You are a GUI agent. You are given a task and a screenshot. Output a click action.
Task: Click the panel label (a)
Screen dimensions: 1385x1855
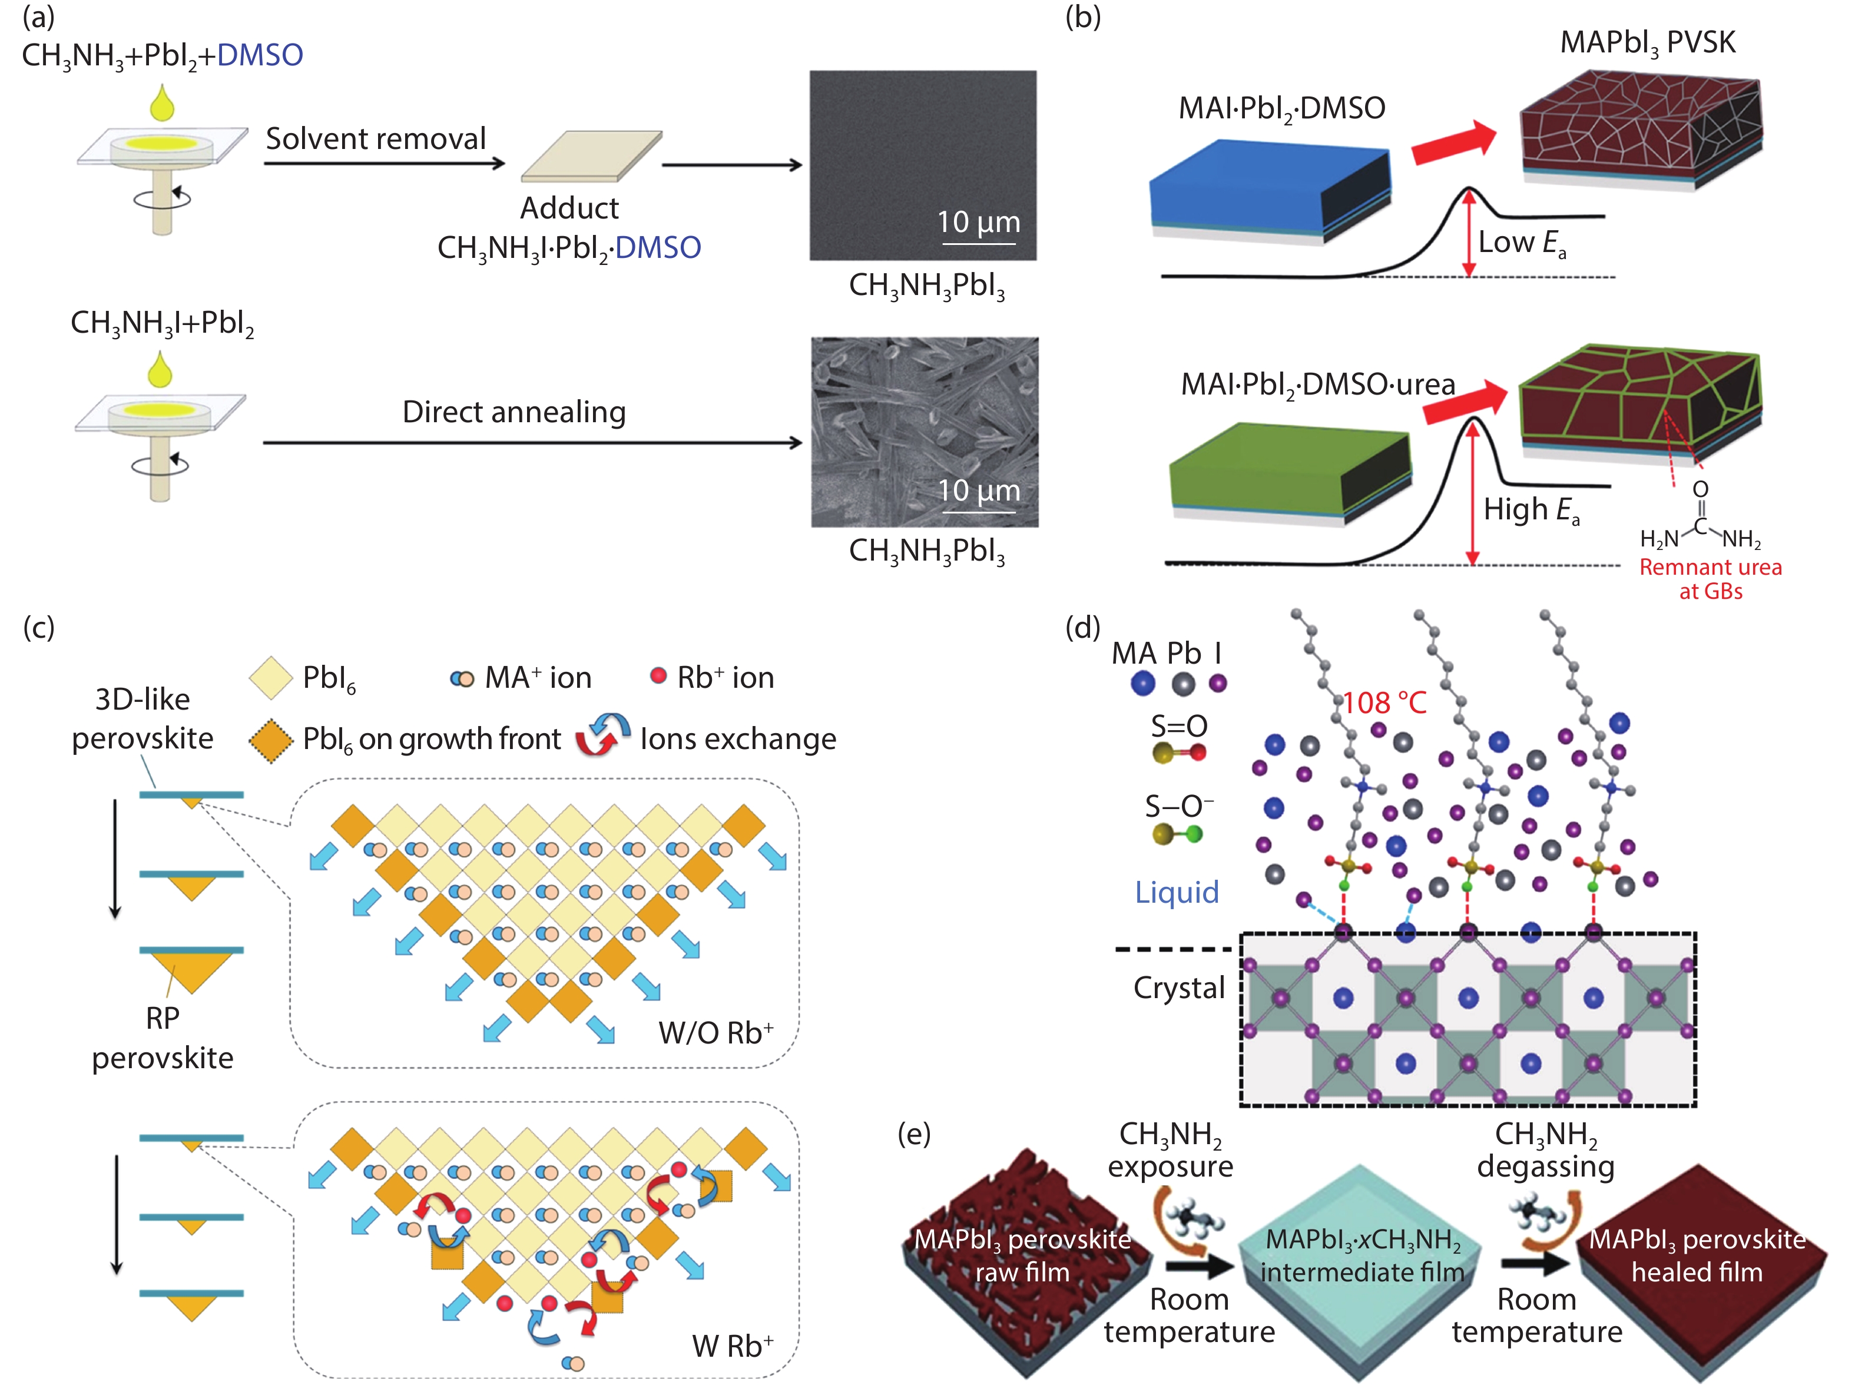point(38,16)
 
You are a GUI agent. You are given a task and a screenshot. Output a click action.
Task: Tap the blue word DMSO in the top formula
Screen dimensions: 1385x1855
point(260,55)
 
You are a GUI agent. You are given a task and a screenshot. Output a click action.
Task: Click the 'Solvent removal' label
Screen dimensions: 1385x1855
point(376,138)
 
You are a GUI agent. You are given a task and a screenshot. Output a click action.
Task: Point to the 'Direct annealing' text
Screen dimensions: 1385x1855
point(514,412)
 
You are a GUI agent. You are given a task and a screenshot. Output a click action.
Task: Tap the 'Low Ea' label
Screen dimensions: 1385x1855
point(1521,243)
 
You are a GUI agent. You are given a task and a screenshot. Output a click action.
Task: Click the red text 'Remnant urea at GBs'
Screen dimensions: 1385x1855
point(1710,578)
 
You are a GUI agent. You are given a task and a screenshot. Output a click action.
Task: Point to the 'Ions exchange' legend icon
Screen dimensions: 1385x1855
point(602,735)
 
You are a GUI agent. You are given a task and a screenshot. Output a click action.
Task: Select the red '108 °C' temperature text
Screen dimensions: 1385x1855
point(1384,703)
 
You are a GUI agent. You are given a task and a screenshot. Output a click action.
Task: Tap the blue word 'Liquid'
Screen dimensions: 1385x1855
point(1177,892)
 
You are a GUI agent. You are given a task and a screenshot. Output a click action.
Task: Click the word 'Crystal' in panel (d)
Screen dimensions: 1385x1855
point(1178,988)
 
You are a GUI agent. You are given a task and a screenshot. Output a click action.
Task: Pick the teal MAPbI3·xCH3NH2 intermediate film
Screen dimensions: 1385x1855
point(1362,1258)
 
